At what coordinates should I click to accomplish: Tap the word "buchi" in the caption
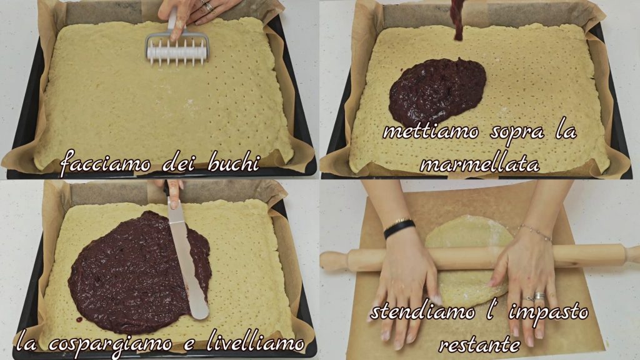234,163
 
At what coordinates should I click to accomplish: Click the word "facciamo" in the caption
105,164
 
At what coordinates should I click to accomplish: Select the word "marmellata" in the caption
479,164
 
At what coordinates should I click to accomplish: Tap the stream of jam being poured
458,19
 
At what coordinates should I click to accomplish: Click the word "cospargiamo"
110,344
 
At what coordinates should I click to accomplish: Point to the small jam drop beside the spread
79,319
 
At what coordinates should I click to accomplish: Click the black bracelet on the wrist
399,227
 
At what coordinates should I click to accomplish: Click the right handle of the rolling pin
629,254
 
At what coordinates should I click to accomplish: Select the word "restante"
479,345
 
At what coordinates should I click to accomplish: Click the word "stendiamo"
422,312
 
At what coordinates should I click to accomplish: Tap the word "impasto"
547,313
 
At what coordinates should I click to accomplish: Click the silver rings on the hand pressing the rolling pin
538,296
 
